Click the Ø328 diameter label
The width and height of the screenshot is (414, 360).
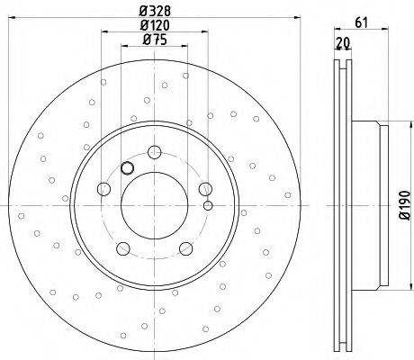tap(155, 11)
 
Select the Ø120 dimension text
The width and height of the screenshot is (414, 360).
tap(155, 25)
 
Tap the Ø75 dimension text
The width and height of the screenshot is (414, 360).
tap(155, 40)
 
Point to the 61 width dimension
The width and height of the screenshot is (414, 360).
tap(361, 22)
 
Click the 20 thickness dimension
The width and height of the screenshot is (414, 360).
tap(343, 43)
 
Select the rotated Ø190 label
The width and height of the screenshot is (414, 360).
tap(405, 205)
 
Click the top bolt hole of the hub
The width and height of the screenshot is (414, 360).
tap(155, 152)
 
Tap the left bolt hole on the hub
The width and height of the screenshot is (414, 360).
tap(103, 189)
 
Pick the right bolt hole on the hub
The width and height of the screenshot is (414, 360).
tap(205, 189)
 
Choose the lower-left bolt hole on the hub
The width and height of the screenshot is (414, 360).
tap(123, 248)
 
